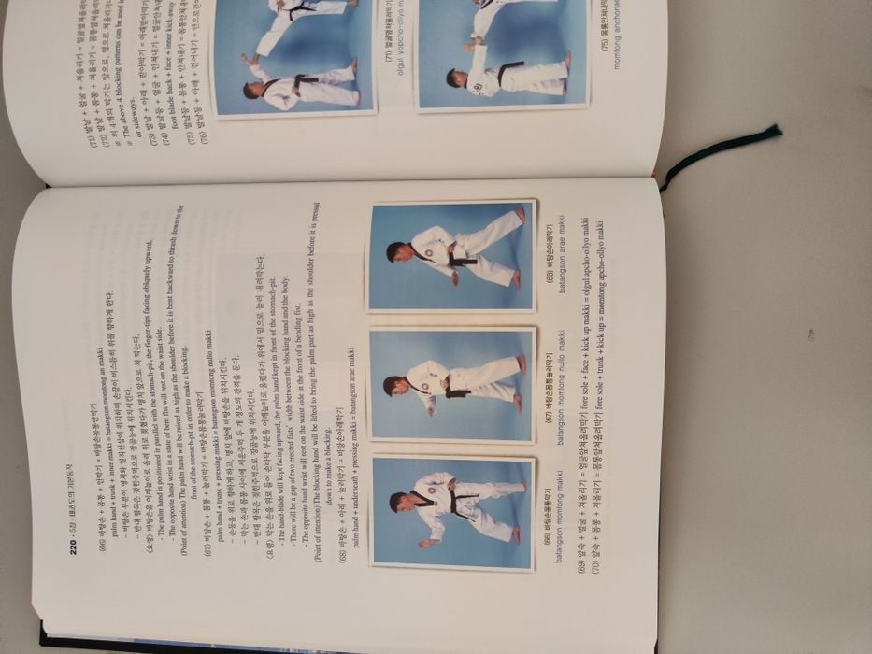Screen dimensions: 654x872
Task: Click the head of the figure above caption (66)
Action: [x=397, y=502]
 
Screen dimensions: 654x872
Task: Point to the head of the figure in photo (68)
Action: [x=395, y=251]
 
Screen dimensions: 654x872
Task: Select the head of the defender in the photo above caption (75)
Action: [x=451, y=77]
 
